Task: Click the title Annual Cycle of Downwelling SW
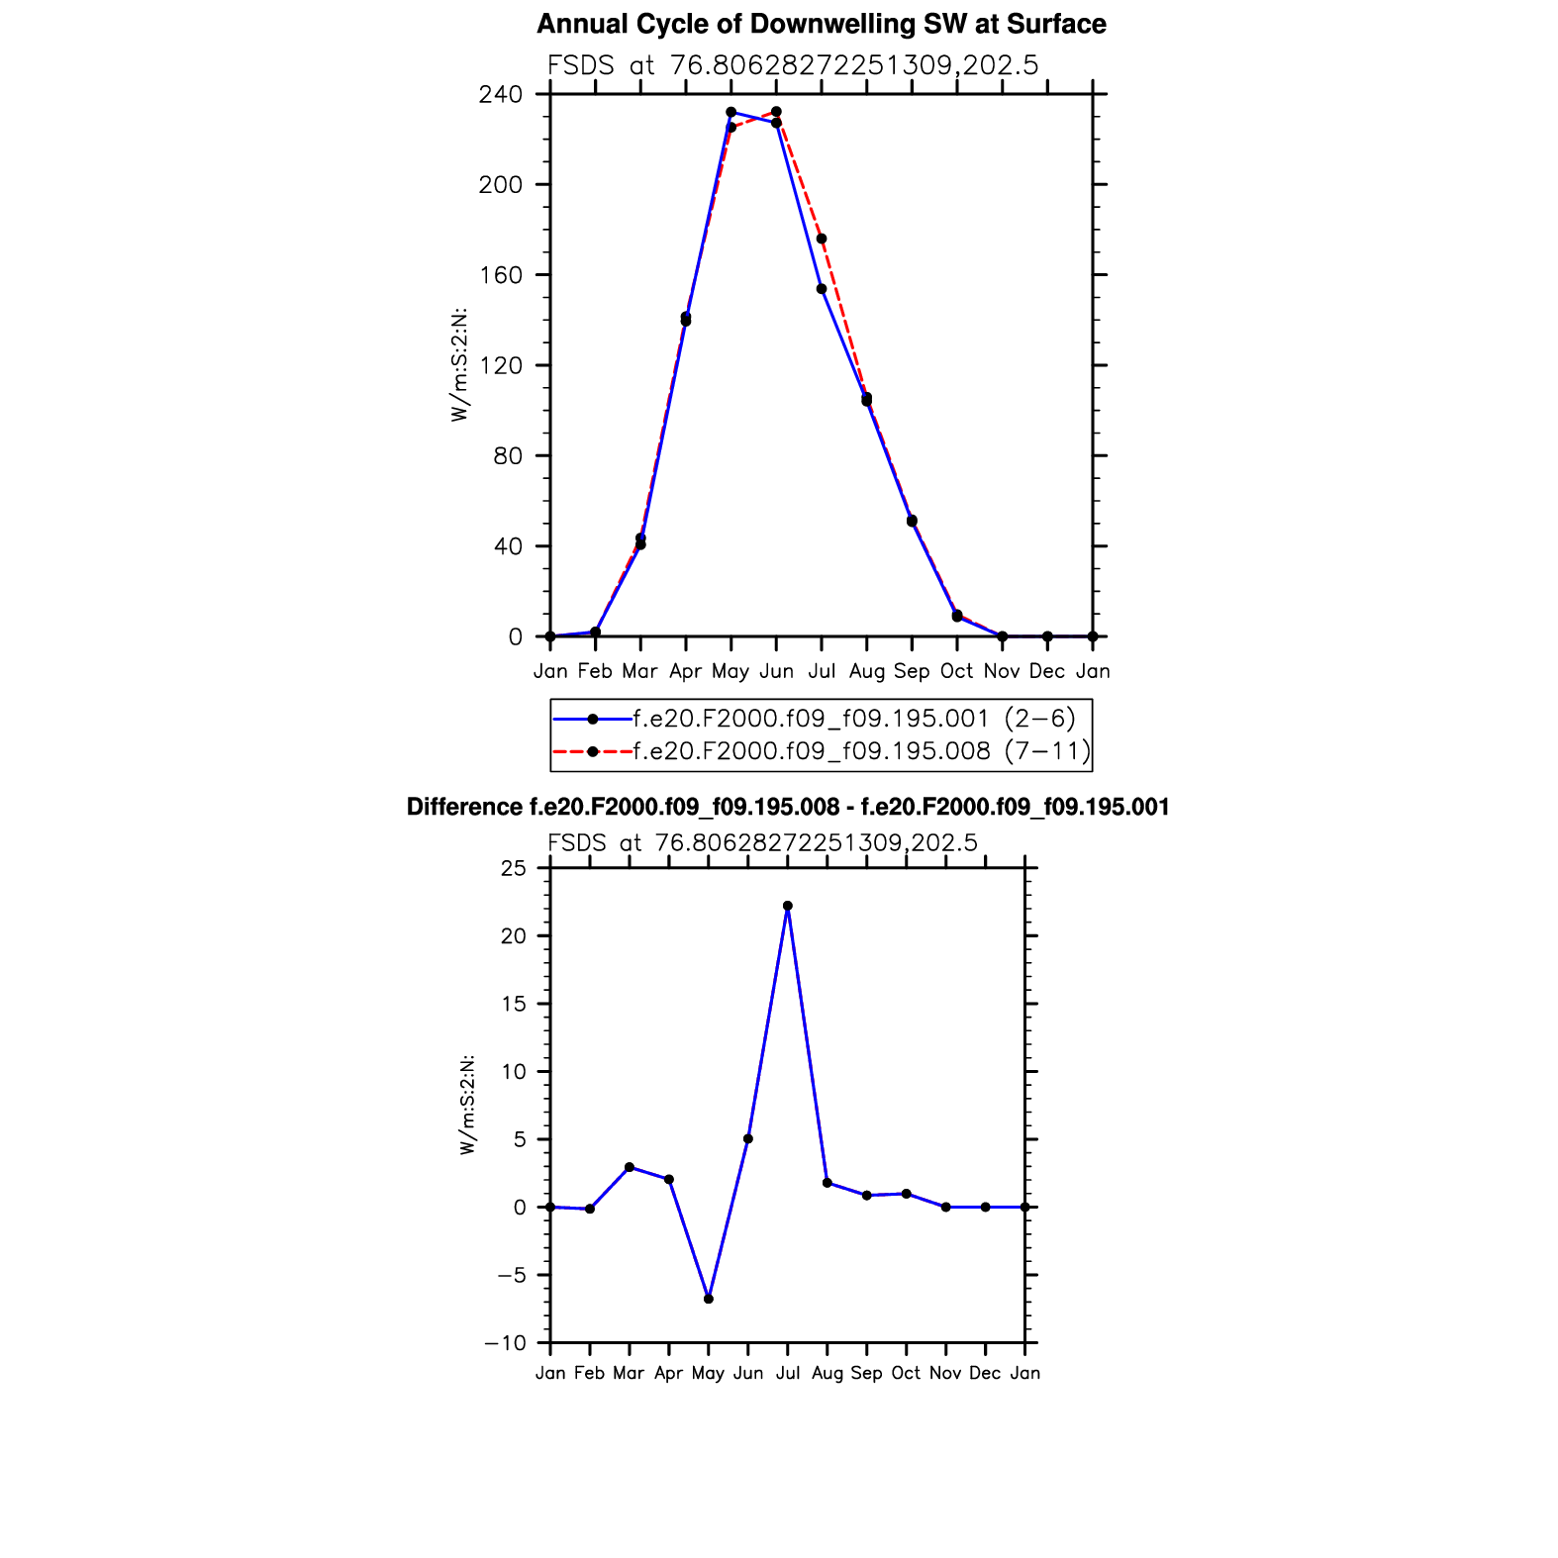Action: [821, 24]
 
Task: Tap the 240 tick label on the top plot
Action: [500, 95]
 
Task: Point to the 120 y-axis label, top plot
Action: [500, 365]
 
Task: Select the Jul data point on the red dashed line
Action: [822, 239]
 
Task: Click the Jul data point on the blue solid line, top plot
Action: [822, 289]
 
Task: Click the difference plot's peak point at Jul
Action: [788, 906]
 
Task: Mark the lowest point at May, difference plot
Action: [709, 1299]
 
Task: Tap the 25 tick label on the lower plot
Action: [514, 868]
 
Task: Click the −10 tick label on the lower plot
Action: [506, 1343]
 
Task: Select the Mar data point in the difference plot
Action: [630, 1167]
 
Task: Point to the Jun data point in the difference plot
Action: [748, 1139]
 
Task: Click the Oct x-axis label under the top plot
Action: [956, 671]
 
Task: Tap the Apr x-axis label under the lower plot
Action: [669, 1373]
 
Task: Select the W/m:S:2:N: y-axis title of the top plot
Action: [459, 365]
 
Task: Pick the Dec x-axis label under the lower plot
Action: [985, 1373]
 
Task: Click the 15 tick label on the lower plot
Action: [514, 1004]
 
